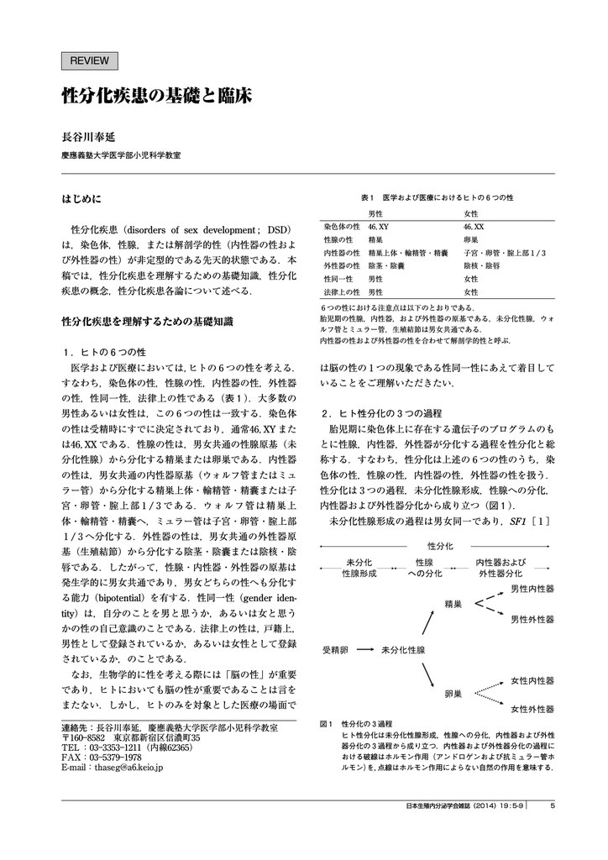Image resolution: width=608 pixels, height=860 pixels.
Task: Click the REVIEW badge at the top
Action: (91, 60)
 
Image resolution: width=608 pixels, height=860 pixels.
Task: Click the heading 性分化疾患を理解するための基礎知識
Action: (148, 321)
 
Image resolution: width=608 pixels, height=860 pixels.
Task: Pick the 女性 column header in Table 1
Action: (470, 214)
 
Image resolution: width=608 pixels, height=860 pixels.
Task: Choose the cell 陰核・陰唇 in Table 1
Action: (480, 265)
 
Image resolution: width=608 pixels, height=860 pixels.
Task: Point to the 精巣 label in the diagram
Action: (453, 603)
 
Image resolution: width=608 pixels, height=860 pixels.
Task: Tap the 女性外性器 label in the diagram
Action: (532, 709)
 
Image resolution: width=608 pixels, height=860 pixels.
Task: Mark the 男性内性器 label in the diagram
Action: (532, 589)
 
